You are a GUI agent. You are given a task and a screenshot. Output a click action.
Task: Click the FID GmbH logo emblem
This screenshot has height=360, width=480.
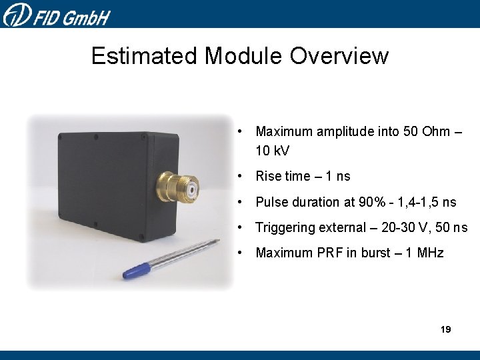(x=16, y=13)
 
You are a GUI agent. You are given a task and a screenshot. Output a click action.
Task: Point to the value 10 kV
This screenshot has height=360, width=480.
(x=273, y=151)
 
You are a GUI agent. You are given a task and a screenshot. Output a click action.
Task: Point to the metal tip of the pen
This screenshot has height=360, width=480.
(x=215, y=241)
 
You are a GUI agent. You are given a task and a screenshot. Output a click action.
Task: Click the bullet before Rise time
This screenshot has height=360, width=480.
(x=246, y=176)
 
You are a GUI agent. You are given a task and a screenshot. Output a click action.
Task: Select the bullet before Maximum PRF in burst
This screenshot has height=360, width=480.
(x=246, y=253)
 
